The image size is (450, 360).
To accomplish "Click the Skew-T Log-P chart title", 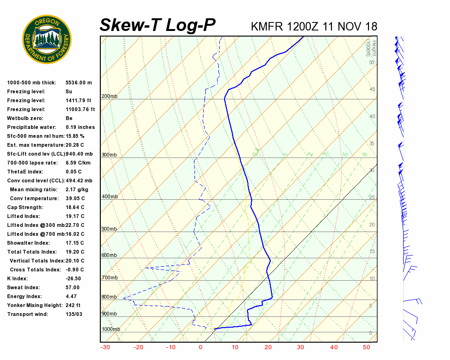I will point(158,25).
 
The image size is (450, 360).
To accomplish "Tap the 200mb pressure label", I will point(109,97).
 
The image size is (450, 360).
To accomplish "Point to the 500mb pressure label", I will point(109,229).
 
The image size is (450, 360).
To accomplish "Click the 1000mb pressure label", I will point(111,329).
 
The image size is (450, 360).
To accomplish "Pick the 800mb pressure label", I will point(109,297).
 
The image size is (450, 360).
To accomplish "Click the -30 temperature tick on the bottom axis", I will point(105,347).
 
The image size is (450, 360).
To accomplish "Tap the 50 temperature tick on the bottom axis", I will point(367,347).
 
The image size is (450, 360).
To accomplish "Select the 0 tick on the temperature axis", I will point(201,347).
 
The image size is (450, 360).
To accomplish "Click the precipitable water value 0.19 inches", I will point(80,127).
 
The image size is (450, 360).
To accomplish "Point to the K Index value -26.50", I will point(73,278).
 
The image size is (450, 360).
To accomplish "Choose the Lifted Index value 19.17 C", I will point(75,216).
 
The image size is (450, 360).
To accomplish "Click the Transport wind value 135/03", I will point(74,314).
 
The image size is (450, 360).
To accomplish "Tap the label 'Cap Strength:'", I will point(25,207).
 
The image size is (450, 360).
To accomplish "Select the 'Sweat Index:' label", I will point(23,287).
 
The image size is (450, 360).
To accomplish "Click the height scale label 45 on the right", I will point(372,90).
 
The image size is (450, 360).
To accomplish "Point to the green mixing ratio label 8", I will point(364,154).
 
